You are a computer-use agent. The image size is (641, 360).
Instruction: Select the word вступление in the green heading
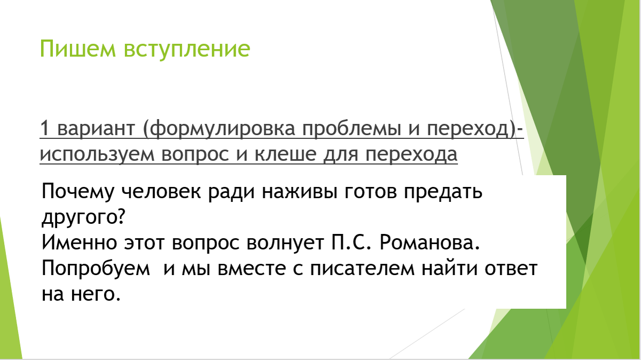pyautogui.click(x=187, y=49)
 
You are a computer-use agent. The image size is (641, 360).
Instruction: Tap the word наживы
pyautogui.click(x=296, y=192)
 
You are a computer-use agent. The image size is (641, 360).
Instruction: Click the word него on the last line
pyautogui.click(x=96, y=294)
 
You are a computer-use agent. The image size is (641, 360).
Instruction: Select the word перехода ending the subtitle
pyautogui.click(x=411, y=154)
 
